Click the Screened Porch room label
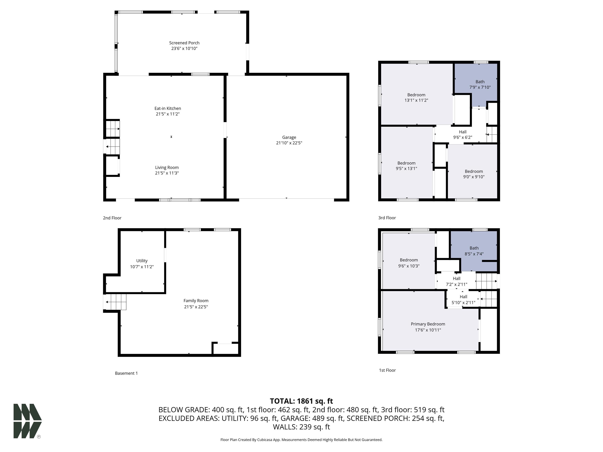[x=184, y=43]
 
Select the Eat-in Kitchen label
[x=168, y=108]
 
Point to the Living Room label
[x=167, y=168]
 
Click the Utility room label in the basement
[x=142, y=261]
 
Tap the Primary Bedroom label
[x=428, y=324]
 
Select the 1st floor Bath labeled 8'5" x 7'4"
[x=474, y=251]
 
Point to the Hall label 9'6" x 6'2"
[x=463, y=135]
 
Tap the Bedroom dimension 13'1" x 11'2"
[x=416, y=100]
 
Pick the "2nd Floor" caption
[x=112, y=218]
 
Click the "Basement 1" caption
[x=126, y=373]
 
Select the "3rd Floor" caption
[x=387, y=218]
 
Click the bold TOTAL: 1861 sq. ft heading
[x=301, y=401]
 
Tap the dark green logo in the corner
[x=27, y=421]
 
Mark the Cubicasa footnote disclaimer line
[x=301, y=440]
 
